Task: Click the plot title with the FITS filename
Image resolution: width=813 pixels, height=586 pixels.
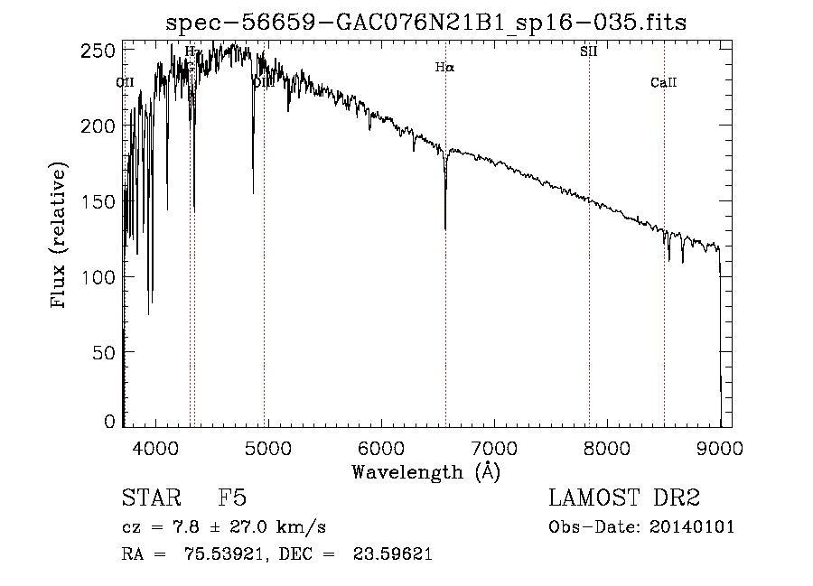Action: click(426, 23)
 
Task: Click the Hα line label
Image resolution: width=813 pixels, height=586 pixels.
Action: click(444, 67)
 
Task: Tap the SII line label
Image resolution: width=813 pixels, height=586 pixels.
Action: click(588, 51)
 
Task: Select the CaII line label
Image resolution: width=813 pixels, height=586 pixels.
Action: click(663, 83)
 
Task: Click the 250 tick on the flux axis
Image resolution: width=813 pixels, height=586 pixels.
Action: click(105, 51)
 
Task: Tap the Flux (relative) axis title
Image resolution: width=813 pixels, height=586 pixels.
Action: click(61, 237)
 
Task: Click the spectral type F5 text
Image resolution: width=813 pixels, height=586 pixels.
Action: click(233, 499)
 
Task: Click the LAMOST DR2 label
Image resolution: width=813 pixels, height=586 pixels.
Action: click(624, 499)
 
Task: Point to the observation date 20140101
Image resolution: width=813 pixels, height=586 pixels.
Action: click(691, 527)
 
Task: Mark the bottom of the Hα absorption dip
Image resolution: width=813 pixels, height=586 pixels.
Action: click(445, 228)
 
